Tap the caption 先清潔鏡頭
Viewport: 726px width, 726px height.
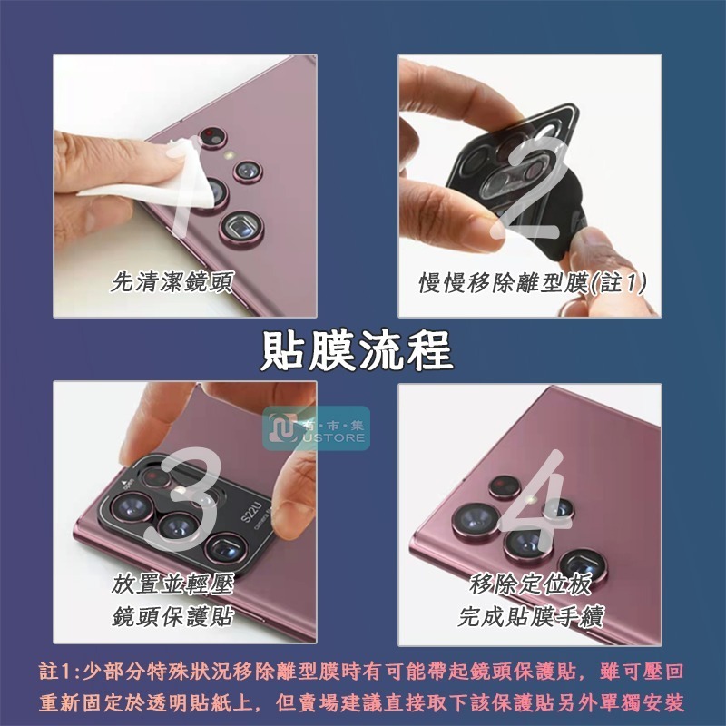click(172, 282)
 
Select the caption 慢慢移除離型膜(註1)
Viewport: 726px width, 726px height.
click(533, 282)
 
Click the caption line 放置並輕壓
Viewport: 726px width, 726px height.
click(172, 583)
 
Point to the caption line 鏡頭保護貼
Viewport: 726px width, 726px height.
click(172, 617)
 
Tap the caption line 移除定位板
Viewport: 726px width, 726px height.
click(532, 583)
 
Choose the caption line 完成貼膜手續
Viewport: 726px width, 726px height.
click(532, 617)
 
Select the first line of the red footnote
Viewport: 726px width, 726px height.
click(363, 672)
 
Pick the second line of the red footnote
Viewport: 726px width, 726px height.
click(363, 703)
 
